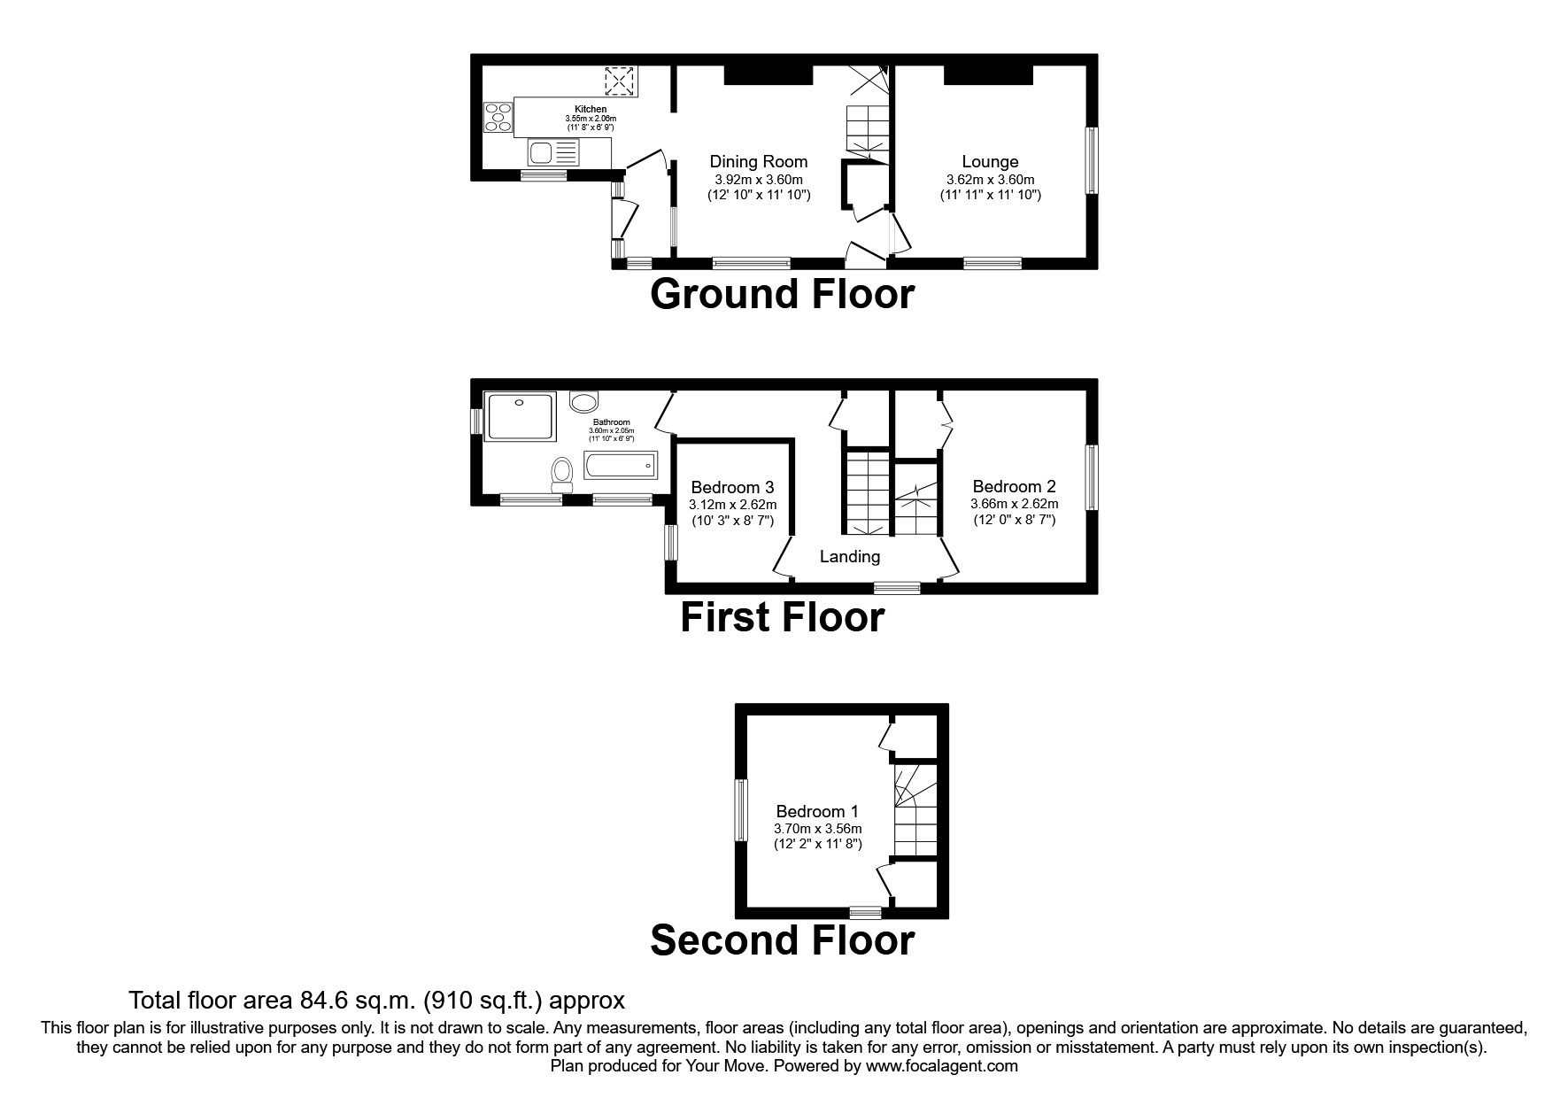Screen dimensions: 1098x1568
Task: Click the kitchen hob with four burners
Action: (x=498, y=118)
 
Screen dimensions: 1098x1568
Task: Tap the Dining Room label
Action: (x=759, y=161)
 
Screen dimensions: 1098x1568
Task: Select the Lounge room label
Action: (x=990, y=161)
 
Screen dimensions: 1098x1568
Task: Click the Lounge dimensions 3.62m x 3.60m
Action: (x=990, y=179)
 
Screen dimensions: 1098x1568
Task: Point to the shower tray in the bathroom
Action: (x=521, y=416)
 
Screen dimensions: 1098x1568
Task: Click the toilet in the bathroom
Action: (x=561, y=473)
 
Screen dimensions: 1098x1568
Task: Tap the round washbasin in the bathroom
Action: (x=583, y=403)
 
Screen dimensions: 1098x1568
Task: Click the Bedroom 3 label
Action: (x=732, y=487)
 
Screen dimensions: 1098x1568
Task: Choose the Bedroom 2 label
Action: (x=1014, y=486)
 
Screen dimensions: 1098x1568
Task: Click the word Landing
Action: (x=849, y=556)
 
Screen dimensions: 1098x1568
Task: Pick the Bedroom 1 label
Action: (x=817, y=811)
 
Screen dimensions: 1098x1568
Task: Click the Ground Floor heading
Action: (x=782, y=294)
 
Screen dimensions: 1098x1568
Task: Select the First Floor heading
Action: (x=782, y=617)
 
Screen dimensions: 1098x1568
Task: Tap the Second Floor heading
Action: (x=782, y=940)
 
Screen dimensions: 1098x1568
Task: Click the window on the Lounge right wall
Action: (x=1092, y=160)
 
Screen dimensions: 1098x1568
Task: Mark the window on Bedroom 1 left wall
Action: (x=741, y=810)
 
